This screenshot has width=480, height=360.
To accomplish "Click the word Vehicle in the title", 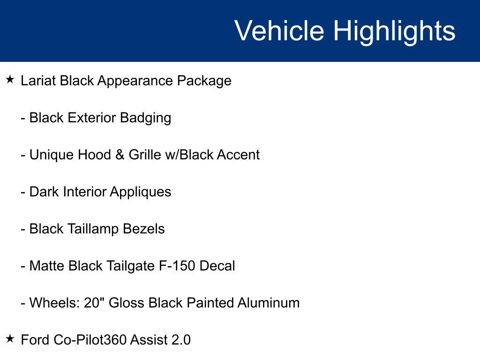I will (x=279, y=31).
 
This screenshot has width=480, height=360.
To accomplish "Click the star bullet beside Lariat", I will (x=10, y=80).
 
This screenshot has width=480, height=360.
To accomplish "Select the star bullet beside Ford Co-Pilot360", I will (x=10, y=338).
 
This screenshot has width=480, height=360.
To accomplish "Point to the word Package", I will (x=204, y=81).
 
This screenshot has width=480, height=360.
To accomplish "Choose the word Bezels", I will (x=143, y=229).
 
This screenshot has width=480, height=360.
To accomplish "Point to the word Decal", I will (x=217, y=266).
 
